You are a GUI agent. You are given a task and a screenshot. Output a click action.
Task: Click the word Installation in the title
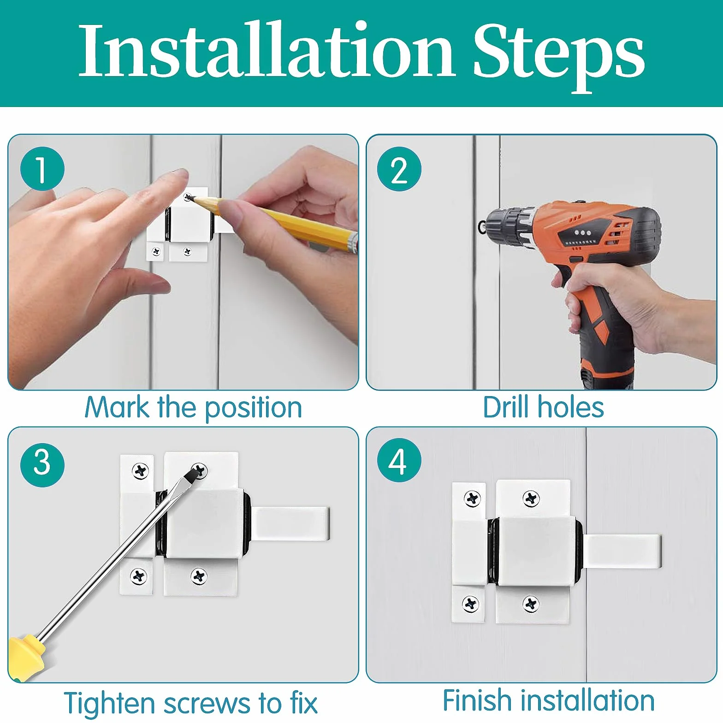(267, 50)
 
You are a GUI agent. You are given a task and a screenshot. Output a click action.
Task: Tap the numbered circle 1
(42, 169)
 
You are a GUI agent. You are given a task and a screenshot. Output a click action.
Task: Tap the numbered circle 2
(399, 169)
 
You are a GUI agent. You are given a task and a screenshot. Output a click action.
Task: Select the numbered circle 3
(42, 464)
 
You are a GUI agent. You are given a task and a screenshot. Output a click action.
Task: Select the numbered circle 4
(399, 461)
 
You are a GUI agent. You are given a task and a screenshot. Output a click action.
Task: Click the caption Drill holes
(543, 407)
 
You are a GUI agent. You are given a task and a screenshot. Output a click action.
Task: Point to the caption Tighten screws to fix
(190, 704)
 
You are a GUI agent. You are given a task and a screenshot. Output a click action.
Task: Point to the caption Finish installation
(549, 700)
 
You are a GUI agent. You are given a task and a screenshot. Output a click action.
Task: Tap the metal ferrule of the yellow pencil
(353, 243)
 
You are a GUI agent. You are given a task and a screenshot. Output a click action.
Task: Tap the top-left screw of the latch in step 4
(471, 498)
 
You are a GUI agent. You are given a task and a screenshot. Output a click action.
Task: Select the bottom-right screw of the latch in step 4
(531, 604)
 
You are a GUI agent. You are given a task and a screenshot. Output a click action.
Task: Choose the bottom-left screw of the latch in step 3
(138, 576)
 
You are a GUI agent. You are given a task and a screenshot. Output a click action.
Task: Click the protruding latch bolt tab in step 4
(622, 551)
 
